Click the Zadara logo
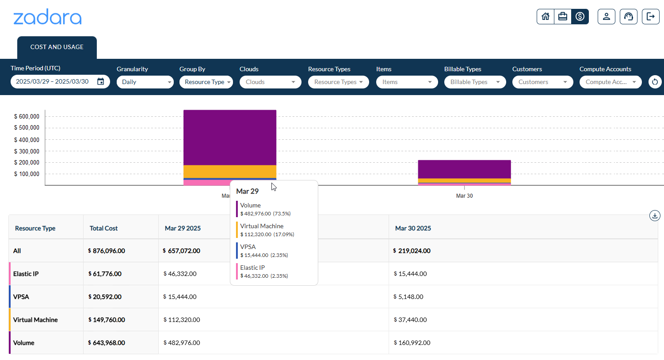pos(47,18)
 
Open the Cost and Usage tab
pos(57,47)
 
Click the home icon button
pos(546,17)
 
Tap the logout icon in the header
pos(650,17)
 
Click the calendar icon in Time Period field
pos(101,82)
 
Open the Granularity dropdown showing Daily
pos(145,82)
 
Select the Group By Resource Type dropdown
pos(206,82)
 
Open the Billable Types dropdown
pos(475,82)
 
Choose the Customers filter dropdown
pos(542,82)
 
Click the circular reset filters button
pos(655,82)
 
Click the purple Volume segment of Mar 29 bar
pos(230,137)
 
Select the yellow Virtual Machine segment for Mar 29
pos(230,172)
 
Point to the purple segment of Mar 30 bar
pos(464,169)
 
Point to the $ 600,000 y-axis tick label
pos(27,117)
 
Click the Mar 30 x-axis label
pos(464,196)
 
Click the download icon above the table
pos(655,216)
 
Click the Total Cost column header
pos(103,229)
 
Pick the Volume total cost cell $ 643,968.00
pos(107,343)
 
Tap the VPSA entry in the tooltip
pos(248,247)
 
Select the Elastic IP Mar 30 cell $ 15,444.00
pos(410,274)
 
